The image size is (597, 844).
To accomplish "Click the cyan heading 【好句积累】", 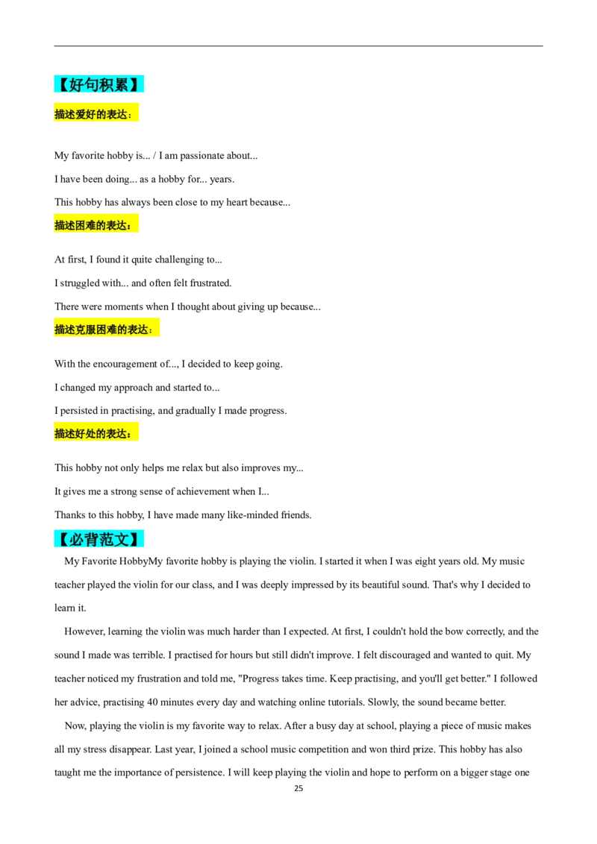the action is (99, 84).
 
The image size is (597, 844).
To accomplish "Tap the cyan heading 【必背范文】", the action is (99, 539).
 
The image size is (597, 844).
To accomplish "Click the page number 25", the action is (298, 789).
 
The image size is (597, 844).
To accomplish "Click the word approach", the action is (133, 388).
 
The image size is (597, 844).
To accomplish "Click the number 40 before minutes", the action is (152, 702).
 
